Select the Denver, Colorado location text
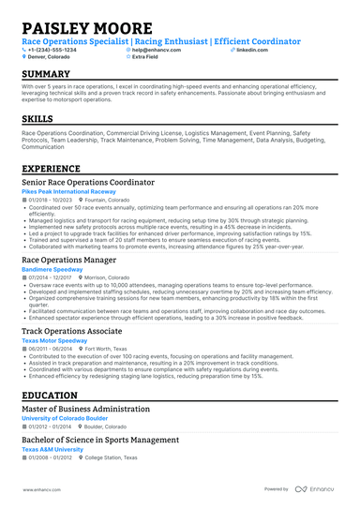[49, 56]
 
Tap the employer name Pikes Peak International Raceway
[68, 191]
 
